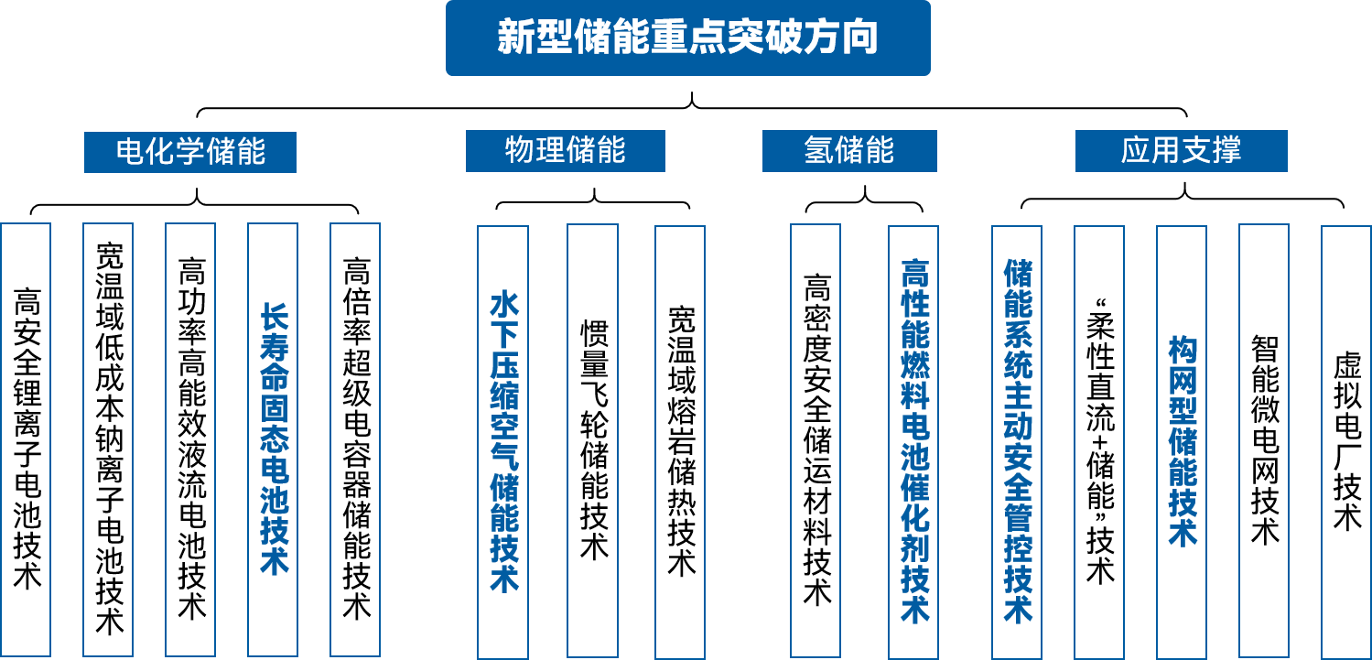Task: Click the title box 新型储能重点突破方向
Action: pyautogui.click(x=687, y=38)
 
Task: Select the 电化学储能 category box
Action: pyautogui.click(x=190, y=152)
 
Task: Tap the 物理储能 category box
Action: pyautogui.click(x=565, y=151)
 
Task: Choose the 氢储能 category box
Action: pyautogui.click(x=849, y=151)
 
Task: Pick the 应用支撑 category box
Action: pyautogui.click(x=1181, y=151)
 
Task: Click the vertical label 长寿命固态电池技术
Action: pyautogui.click(x=274, y=438)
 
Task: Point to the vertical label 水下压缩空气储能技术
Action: pyautogui.click(x=503, y=441)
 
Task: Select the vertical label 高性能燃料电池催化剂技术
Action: pyautogui.click(x=913, y=441)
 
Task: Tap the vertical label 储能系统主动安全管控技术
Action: pyautogui.click(x=1017, y=441)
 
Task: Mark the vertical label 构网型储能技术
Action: pyautogui.click(x=1182, y=441)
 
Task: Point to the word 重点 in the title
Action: pyautogui.click(x=687, y=38)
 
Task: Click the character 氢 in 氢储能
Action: pyautogui.click(x=818, y=151)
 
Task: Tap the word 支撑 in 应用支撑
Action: pyautogui.click(x=1211, y=151)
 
